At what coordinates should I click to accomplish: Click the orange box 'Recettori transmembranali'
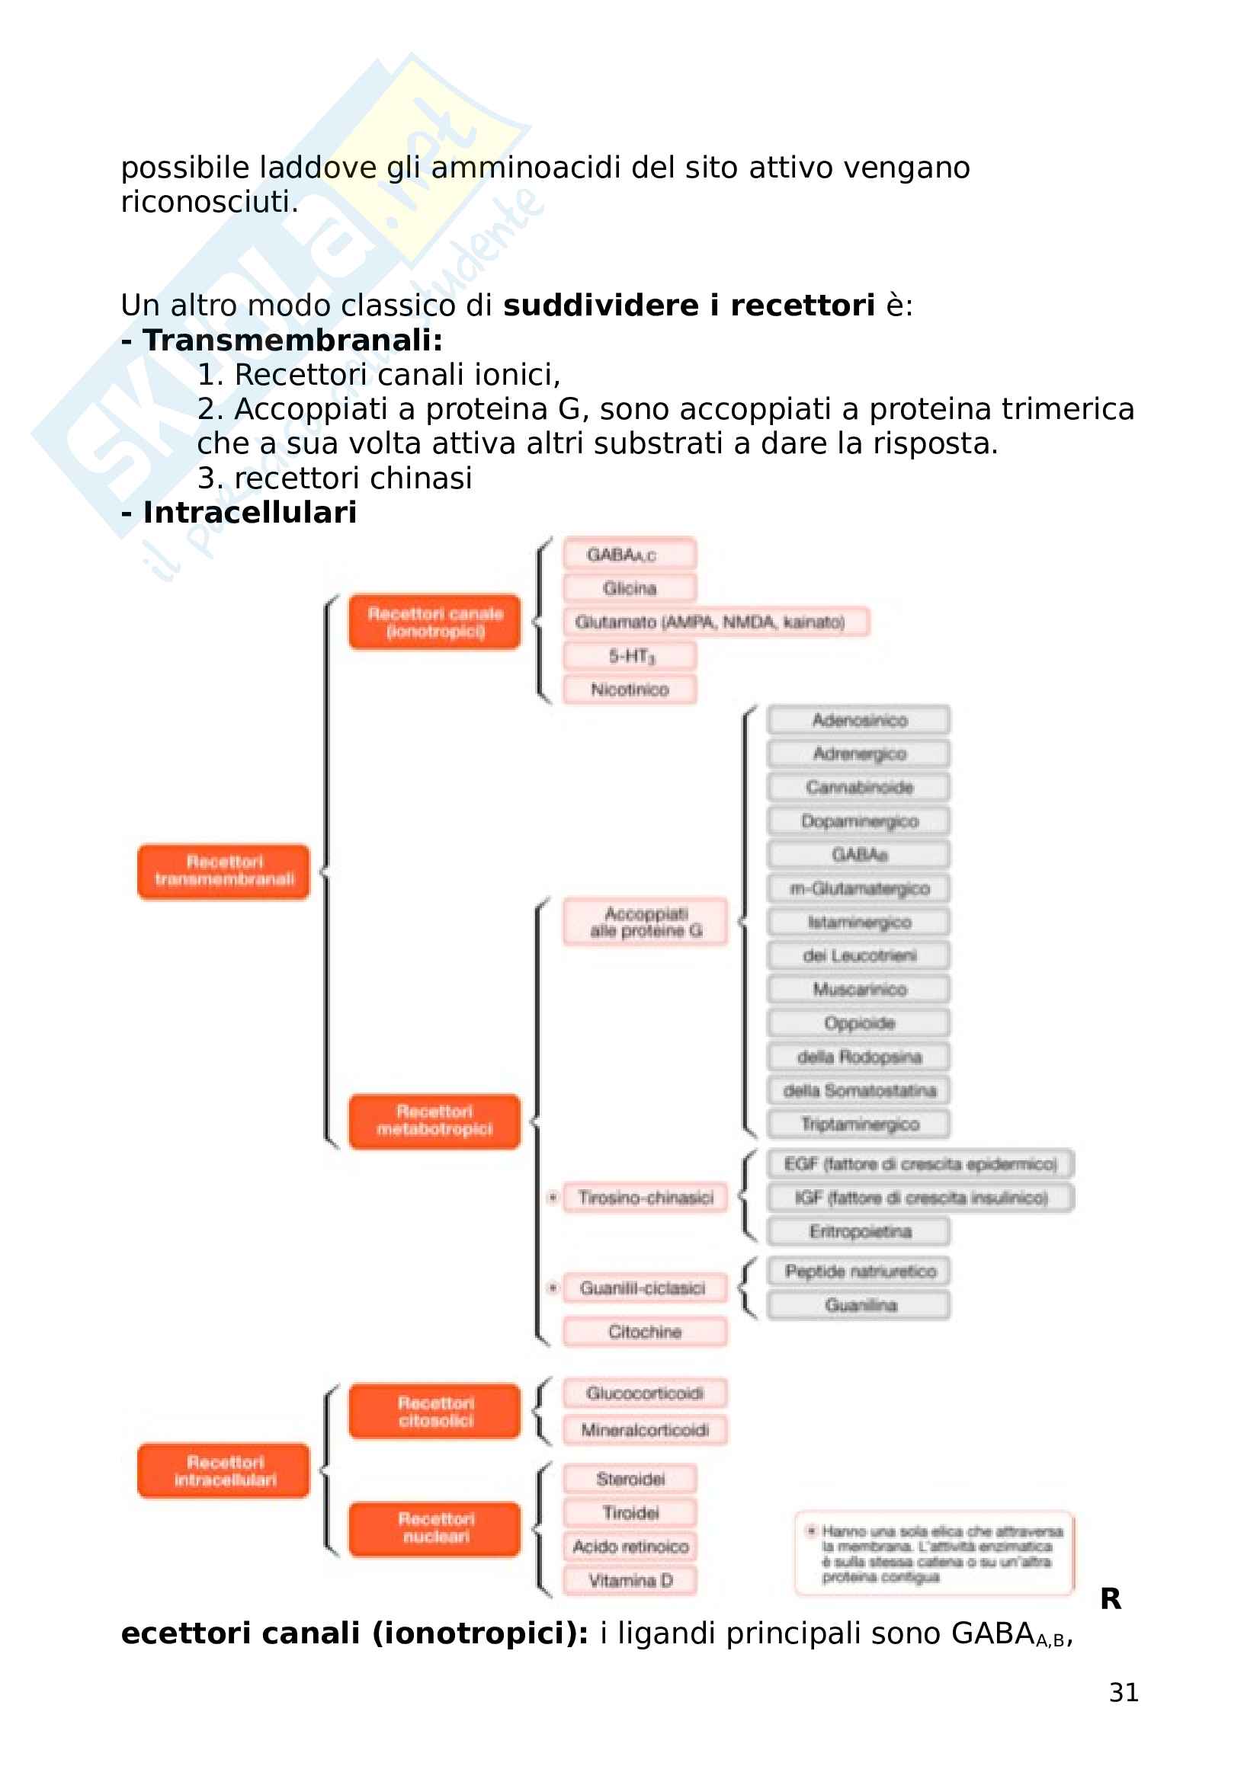point(223,871)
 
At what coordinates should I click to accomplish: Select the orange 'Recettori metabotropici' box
point(434,1121)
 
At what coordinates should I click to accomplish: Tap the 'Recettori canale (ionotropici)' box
point(434,622)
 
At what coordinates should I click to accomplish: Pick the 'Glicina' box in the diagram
point(630,588)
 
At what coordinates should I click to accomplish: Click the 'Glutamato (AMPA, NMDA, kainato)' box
point(715,622)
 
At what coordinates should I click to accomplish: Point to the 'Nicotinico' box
point(630,689)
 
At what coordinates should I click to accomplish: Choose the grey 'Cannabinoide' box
point(858,787)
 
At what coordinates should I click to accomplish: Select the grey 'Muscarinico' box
point(858,989)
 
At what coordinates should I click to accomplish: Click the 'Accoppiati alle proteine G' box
point(646,921)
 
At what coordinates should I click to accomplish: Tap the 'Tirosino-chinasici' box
point(646,1198)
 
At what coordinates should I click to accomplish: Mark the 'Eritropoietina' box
point(858,1231)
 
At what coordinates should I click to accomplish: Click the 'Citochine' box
point(645,1332)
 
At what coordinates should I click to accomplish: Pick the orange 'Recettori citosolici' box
point(434,1411)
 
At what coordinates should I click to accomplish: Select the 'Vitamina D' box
point(630,1580)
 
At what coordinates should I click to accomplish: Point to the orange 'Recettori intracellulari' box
point(223,1470)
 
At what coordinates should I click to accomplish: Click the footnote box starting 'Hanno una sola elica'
point(935,1553)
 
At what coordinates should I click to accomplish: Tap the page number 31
point(1124,1692)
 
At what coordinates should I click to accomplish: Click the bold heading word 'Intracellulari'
point(249,512)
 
